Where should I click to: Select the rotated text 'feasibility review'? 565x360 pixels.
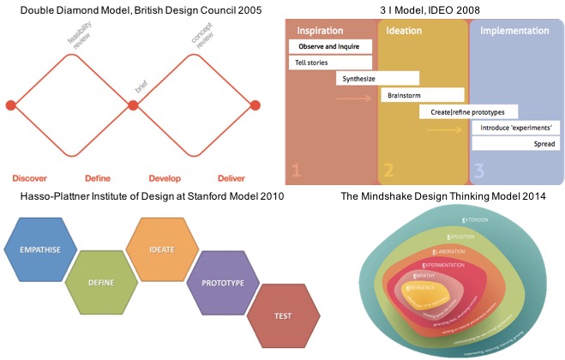pos(82,39)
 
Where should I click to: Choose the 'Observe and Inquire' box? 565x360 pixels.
pos(330,45)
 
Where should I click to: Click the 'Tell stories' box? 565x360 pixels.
pos(330,63)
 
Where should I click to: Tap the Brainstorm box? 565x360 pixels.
pos(422,95)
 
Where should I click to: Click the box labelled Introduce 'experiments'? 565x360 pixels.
pos(516,128)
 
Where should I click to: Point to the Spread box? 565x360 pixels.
pos(536,144)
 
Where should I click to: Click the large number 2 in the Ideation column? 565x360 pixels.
pos(388,170)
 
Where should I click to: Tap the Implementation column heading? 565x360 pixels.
pos(514,30)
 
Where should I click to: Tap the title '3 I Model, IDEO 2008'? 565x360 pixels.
pos(424,9)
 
